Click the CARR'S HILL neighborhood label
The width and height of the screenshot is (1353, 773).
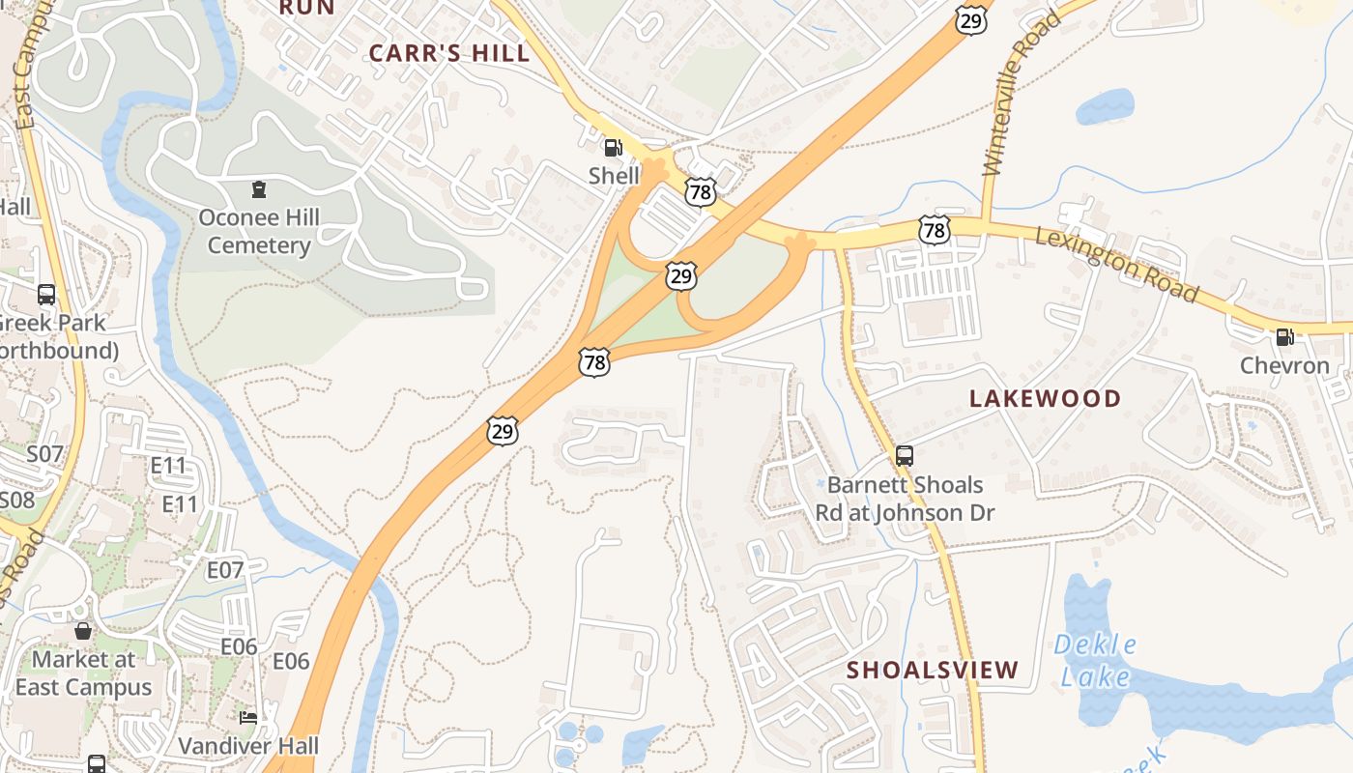(x=449, y=53)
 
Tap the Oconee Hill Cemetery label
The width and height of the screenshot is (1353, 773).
(x=259, y=231)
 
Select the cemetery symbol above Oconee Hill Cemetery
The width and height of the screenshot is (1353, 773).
(x=258, y=188)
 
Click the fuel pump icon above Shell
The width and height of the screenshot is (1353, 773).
(x=613, y=148)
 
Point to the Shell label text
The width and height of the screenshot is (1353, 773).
(x=615, y=176)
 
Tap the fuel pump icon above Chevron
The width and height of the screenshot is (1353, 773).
(x=1284, y=337)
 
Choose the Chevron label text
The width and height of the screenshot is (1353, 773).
(x=1284, y=366)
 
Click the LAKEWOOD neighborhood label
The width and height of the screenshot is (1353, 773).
(x=1045, y=398)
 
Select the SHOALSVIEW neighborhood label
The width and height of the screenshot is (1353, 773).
(x=933, y=670)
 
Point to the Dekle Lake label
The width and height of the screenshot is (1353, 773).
(x=1095, y=660)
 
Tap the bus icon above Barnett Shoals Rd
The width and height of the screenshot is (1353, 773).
(x=905, y=456)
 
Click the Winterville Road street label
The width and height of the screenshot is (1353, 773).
(x=1010, y=94)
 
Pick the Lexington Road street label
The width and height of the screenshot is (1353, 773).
(x=1116, y=264)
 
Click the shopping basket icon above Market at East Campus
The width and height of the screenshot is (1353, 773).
(x=83, y=631)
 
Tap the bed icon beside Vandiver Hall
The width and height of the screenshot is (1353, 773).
(x=248, y=718)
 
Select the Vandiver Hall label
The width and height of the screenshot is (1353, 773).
(x=248, y=746)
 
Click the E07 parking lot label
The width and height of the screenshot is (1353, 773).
(x=225, y=570)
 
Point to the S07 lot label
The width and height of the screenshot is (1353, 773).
(x=44, y=453)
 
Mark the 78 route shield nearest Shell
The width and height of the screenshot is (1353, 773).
(x=701, y=192)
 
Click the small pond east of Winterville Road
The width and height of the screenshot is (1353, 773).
(x=1105, y=106)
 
